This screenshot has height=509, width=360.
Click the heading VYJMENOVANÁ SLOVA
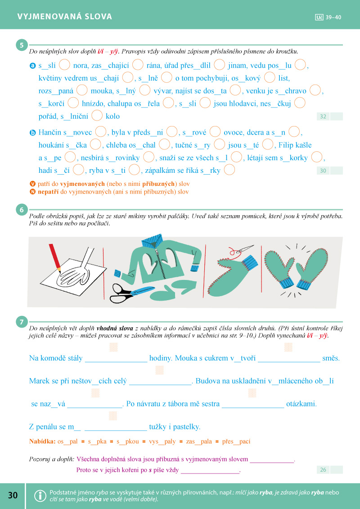click(65, 17)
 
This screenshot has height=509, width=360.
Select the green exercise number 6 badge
click(21, 210)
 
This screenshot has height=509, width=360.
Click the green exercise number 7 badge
click(21, 322)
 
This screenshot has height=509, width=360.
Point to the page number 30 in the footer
click(13, 495)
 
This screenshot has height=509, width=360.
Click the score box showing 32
click(323, 117)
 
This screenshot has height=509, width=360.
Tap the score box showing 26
click(323, 470)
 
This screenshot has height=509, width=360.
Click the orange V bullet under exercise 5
click(32, 184)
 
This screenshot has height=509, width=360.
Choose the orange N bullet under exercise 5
click(32, 192)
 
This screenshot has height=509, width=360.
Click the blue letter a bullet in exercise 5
click(32, 66)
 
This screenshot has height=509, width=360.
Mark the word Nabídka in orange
click(42, 441)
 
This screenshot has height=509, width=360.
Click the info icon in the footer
click(40, 495)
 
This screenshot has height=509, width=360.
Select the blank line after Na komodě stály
click(116, 359)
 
